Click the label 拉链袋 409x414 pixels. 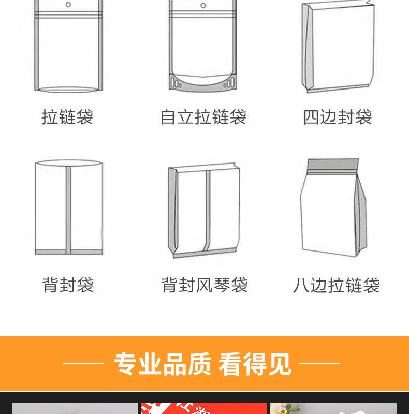(x=67, y=117)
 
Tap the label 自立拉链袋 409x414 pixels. (x=203, y=117)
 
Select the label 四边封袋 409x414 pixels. (x=338, y=117)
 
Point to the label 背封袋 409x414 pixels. (x=68, y=285)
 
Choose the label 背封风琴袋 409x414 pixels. (x=204, y=285)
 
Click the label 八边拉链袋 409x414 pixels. (x=337, y=285)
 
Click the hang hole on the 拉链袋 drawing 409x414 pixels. (x=68, y=5)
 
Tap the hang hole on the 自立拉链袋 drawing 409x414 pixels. (x=203, y=5)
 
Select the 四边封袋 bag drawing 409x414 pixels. (x=338, y=47)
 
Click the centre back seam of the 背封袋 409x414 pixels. (x=68, y=210)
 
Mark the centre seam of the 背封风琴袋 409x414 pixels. (x=208, y=211)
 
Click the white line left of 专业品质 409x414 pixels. (x=83, y=363)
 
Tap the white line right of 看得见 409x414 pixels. (x=319, y=363)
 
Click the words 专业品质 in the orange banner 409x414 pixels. (x=163, y=364)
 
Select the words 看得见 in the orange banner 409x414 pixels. (x=255, y=364)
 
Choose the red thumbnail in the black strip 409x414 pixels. (x=203, y=408)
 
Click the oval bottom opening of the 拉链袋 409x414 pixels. (x=68, y=90)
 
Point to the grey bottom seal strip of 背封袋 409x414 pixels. (x=69, y=252)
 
